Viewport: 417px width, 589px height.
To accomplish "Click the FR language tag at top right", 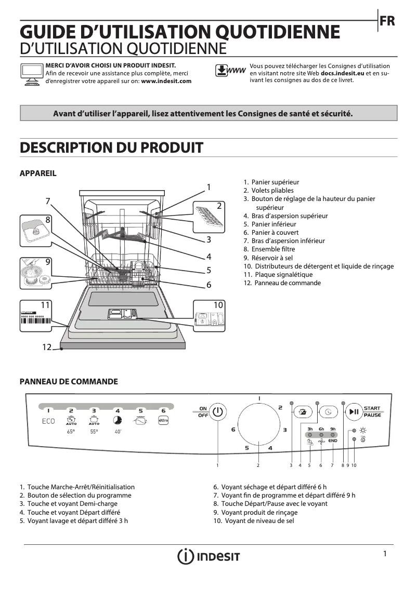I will coord(387,21).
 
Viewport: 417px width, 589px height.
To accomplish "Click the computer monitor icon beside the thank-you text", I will coord(31,74).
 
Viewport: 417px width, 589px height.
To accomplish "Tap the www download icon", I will coord(230,71).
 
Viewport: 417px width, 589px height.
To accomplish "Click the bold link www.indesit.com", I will coord(166,81).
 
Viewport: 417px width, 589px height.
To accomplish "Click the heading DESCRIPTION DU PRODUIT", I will coord(111,148).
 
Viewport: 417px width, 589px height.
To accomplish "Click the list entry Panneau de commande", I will coord(287,283).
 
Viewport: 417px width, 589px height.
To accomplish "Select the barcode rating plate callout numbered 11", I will coord(36,316).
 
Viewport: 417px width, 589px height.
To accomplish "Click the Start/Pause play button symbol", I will coord(354,412).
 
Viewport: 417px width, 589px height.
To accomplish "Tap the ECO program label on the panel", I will coord(48,421).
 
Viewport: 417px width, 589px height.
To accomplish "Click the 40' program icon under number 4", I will coord(118,421).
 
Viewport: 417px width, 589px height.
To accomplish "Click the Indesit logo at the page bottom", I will coord(208,557).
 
